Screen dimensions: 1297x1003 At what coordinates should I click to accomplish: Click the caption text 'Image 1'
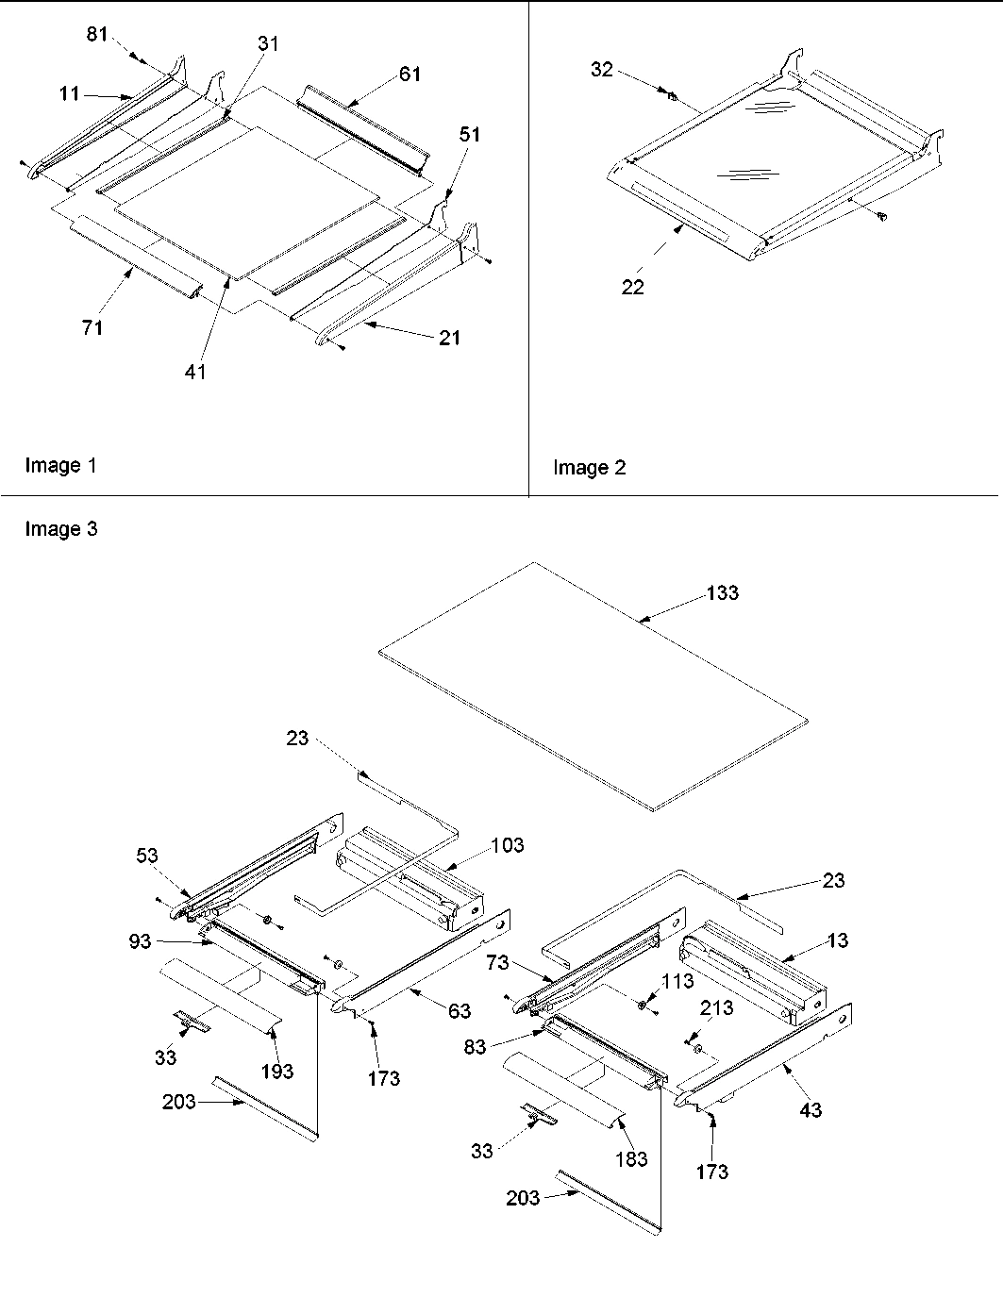pos(60,465)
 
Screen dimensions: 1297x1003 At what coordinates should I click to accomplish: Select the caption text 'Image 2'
pos(589,468)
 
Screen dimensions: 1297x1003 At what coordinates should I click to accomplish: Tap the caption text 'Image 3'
pos(60,529)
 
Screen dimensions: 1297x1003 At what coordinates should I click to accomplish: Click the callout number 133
pos(723,593)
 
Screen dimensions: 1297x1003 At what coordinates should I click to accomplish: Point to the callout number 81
pos(97,35)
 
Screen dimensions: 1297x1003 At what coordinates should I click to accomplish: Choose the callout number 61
pos(410,74)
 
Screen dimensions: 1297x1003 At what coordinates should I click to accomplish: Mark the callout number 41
pos(195,372)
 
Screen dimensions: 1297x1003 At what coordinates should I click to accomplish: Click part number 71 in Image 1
pos(92,327)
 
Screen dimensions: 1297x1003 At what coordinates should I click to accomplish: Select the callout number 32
pos(602,70)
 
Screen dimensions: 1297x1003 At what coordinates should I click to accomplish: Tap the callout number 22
pos(632,287)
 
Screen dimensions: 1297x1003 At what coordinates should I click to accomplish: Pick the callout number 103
pos(508,845)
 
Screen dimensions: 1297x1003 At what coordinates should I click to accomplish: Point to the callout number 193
pos(277,1071)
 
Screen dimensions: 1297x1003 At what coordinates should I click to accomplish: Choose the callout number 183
pos(631,1158)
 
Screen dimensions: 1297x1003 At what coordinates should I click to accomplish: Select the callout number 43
pos(811,1110)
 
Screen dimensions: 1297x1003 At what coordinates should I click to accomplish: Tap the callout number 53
pos(146,856)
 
